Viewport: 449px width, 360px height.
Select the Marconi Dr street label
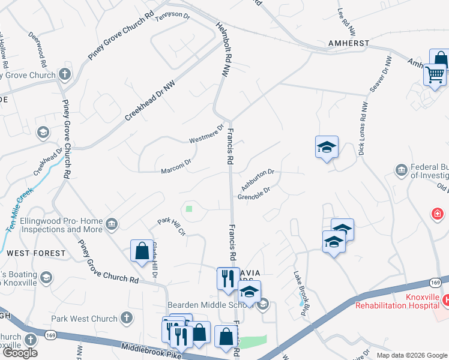(175, 166)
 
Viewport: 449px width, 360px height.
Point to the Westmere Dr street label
(206, 133)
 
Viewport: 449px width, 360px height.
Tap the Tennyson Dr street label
(172, 16)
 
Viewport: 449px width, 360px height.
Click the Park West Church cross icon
(126, 317)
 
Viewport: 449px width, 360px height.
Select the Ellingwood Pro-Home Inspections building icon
(111, 225)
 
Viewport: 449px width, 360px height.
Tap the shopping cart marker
(434, 76)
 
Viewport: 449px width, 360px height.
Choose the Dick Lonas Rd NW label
(363, 130)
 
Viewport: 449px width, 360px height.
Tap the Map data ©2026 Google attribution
(412, 355)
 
